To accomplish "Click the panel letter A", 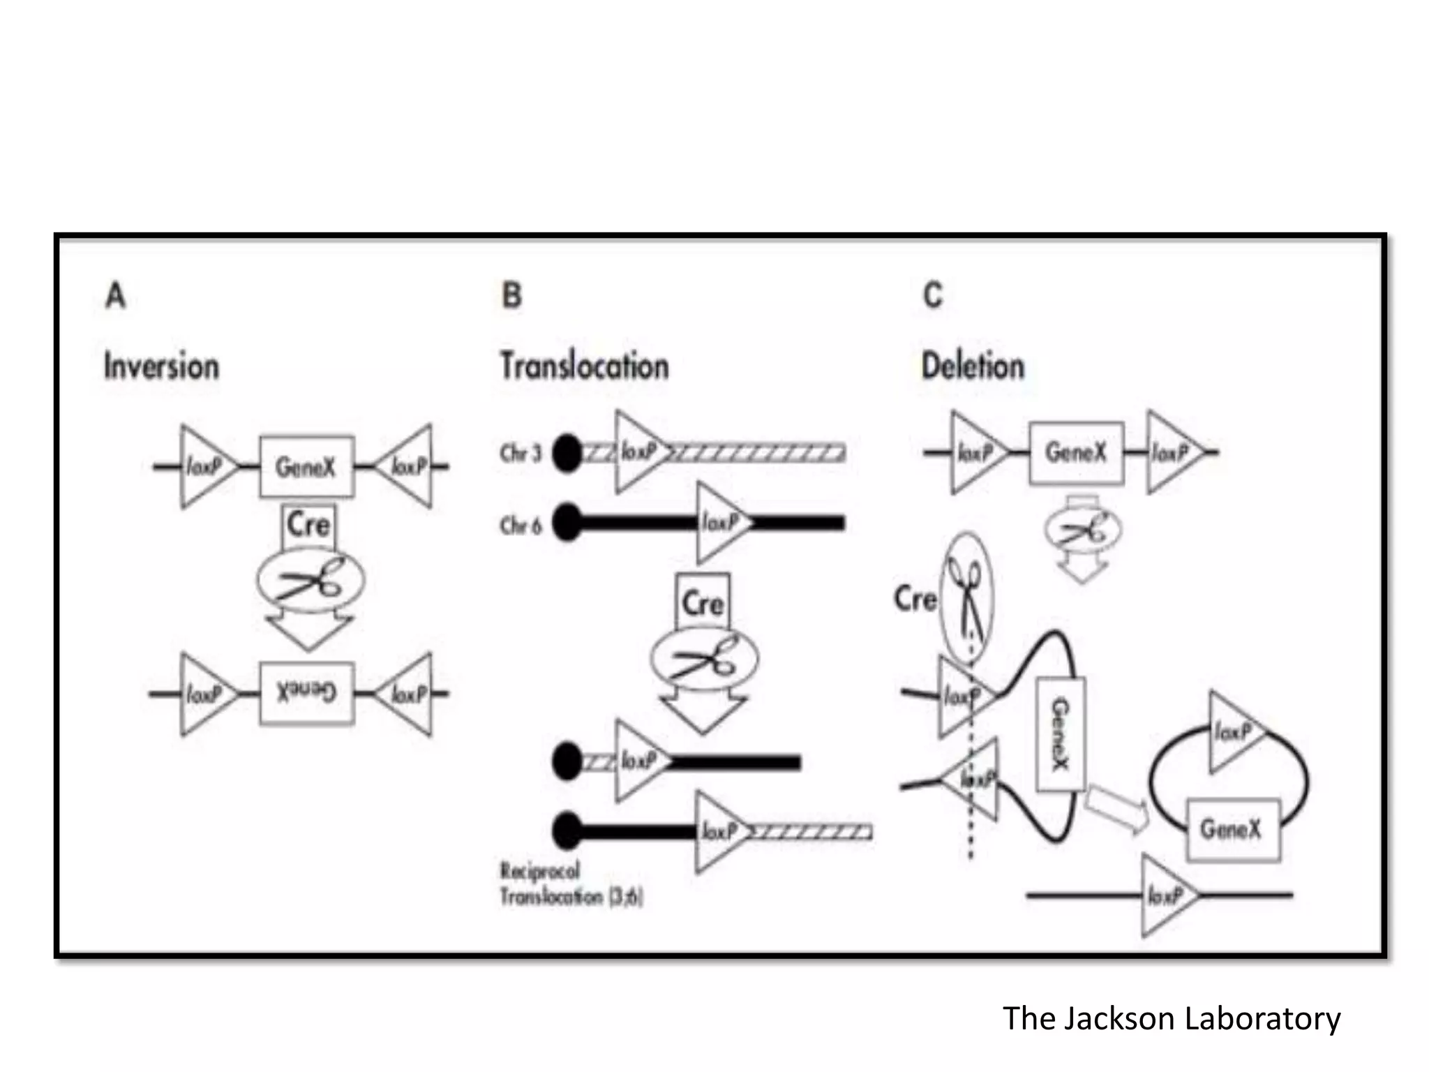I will (116, 295).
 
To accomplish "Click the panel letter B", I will (511, 295).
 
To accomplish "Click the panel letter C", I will (933, 295).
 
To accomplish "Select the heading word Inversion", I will (161, 366).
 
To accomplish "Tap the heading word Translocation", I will (585, 366).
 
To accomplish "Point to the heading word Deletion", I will (973, 366).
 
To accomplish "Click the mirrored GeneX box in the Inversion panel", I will (307, 693).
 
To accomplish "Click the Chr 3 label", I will (521, 454).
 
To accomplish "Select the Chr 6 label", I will (521, 525).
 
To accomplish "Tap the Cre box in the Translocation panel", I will (703, 602).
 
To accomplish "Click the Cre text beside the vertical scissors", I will (915, 600).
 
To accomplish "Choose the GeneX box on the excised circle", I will (1233, 829).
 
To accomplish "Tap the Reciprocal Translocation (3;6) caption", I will (571, 884).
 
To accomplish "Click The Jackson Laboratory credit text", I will (1172, 1018).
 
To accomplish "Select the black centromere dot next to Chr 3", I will (567, 454).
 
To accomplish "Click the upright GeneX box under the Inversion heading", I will (307, 466).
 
